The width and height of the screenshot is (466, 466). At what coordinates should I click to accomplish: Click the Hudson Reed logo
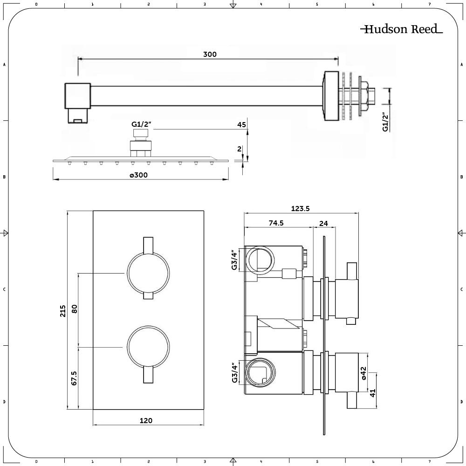tap(401, 29)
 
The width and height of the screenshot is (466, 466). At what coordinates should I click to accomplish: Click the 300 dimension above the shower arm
tap(210, 54)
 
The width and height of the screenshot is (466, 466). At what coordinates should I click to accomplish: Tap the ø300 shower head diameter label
tap(138, 175)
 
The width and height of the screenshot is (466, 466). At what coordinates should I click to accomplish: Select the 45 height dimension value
tap(241, 124)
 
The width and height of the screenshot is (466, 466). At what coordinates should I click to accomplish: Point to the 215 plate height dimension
tap(62, 311)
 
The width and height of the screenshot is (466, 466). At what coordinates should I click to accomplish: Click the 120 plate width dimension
tap(146, 420)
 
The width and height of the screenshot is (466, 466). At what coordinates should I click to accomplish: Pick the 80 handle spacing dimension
tap(74, 308)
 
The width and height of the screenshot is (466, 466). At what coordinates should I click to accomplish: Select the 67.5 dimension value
tap(74, 378)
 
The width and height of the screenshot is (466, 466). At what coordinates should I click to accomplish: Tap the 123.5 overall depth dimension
tap(300, 209)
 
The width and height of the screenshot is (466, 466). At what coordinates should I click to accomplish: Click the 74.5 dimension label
tap(276, 223)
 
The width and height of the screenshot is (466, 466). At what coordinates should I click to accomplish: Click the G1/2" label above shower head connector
tap(141, 124)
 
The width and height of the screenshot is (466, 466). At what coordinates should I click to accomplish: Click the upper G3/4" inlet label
tap(235, 260)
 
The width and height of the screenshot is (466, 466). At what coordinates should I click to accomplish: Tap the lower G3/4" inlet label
tap(235, 372)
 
